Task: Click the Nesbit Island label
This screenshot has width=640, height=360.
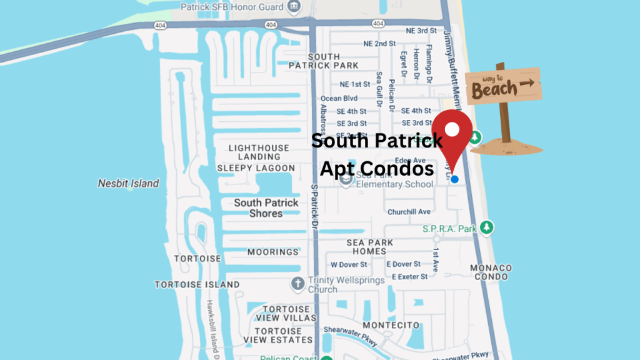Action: [128, 184]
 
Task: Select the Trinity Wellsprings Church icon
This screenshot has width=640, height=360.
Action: [298, 282]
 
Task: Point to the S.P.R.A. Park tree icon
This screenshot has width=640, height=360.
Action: [489, 229]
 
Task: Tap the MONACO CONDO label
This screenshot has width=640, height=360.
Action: [491, 272]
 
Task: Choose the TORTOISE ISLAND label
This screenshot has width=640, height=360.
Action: [196, 284]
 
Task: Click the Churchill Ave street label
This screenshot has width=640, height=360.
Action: [409, 212]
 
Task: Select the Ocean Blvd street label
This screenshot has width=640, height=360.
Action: [339, 98]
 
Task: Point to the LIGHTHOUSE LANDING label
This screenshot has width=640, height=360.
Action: [259, 152]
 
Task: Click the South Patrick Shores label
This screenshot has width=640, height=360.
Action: [266, 208]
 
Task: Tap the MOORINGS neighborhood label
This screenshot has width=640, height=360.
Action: [272, 252]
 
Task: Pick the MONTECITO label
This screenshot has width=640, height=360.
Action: [391, 326]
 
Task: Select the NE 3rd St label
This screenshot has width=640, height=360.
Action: [421, 31]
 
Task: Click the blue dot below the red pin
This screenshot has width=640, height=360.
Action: [454, 179]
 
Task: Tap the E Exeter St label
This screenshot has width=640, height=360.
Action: [409, 276]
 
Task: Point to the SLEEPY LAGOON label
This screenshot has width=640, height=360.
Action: [256, 168]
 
